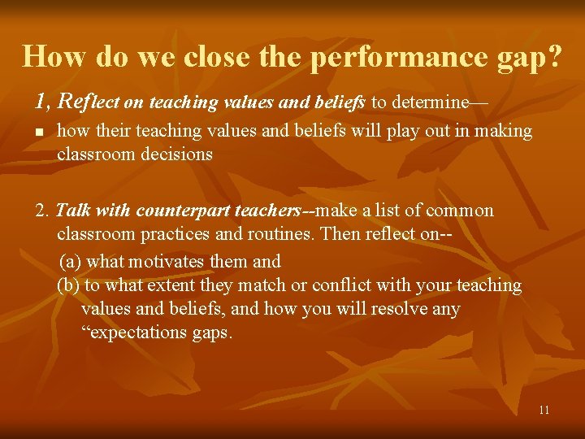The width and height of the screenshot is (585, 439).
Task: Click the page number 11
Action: (544, 410)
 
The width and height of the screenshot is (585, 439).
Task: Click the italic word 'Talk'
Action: (73, 211)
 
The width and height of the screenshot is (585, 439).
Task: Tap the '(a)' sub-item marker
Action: (71, 261)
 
